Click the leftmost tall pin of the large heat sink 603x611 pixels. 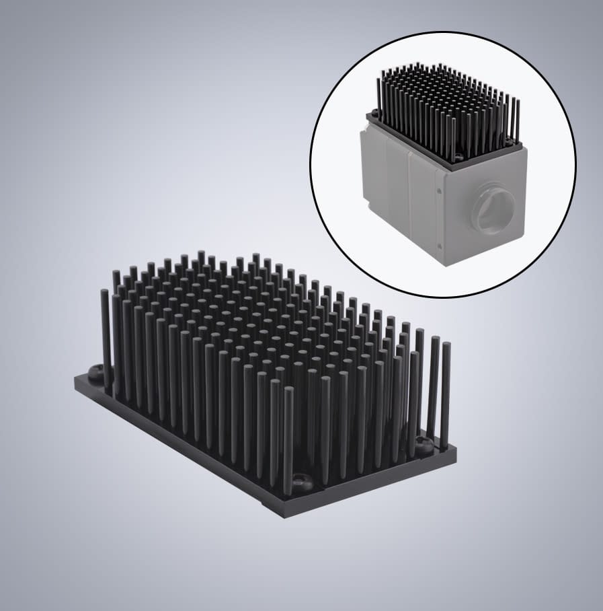tap(106, 336)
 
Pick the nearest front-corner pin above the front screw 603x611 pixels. tap(288, 437)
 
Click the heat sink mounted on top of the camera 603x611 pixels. tap(447, 111)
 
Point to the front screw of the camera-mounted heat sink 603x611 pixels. tap(458, 156)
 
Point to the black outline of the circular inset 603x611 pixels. tap(311, 165)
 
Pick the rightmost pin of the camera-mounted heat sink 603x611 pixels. tap(518, 118)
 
